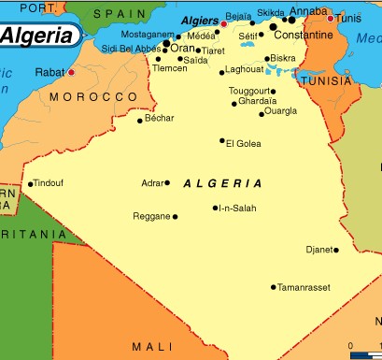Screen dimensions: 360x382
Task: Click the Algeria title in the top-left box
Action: click(38, 35)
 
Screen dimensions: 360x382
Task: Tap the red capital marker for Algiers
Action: click(223, 23)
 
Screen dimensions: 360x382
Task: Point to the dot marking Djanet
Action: click(336, 250)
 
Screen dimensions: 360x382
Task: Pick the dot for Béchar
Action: click(140, 120)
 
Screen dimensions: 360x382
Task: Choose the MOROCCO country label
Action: click(93, 97)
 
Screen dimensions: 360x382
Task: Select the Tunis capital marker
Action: click(330, 18)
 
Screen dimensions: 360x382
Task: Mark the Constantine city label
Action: click(304, 35)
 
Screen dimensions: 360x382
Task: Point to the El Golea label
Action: click(243, 142)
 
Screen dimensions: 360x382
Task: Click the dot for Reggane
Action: click(175, 216)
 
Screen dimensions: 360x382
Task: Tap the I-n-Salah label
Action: click(237, 208)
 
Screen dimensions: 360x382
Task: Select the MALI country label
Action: click(152, 347)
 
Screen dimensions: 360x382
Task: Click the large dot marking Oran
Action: click(166, 43)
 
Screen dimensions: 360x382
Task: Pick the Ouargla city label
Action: click(281, 114)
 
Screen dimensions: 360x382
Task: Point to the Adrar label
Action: click(151, 183)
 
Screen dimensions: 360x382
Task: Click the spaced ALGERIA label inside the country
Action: click(223, 183)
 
